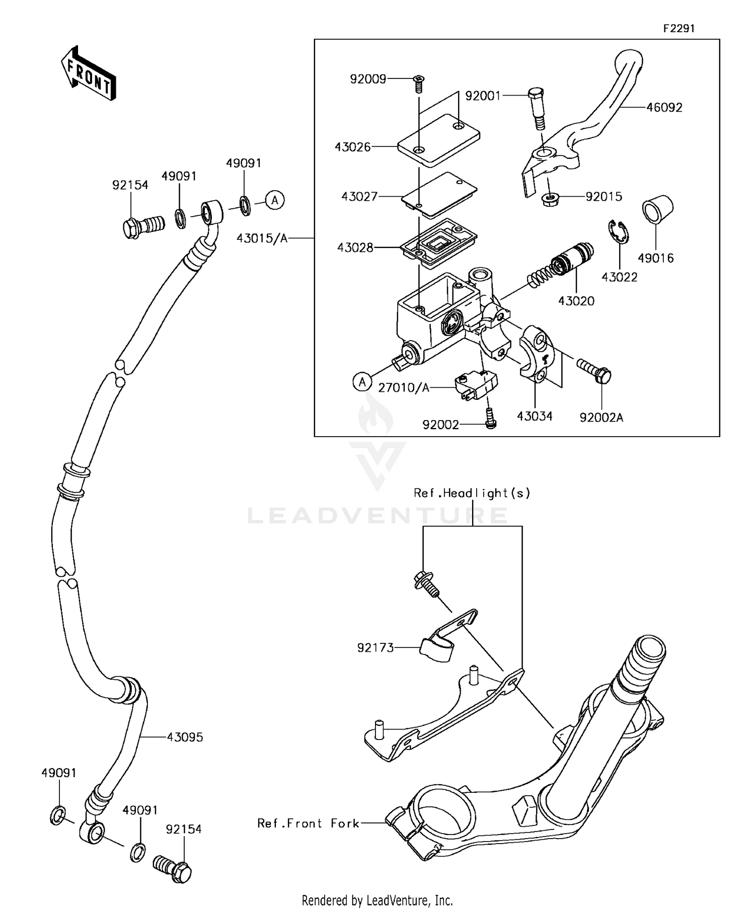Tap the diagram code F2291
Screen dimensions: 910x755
678,29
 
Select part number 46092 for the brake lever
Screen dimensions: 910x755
664,108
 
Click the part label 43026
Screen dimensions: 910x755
353,147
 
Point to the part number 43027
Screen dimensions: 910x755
359,196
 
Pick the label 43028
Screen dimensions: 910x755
355,247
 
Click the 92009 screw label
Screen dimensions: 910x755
368,79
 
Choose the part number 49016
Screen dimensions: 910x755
655,258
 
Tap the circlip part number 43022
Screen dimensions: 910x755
620,277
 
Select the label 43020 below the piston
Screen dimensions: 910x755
576,301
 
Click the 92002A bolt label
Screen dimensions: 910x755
601,417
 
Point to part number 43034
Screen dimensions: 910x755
535,416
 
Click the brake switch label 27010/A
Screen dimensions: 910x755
404,387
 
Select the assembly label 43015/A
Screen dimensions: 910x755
262,238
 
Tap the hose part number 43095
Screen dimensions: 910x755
185,737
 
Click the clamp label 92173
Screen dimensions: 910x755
375,648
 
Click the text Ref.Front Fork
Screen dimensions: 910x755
308,823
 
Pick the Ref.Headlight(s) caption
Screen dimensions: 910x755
472,493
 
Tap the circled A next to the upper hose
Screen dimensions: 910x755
275,200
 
